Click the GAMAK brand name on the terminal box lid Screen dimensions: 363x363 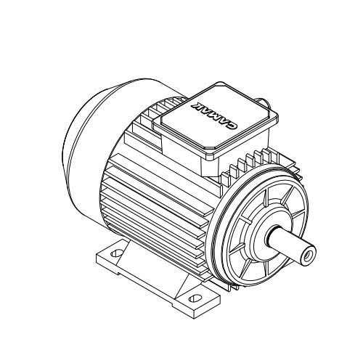pos(213,116)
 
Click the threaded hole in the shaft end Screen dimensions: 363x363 pos(308,256)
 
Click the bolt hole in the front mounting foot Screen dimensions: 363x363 pos(195,298)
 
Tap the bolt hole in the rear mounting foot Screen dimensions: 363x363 pos(116,253)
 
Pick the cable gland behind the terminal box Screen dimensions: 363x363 pos(263,102)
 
